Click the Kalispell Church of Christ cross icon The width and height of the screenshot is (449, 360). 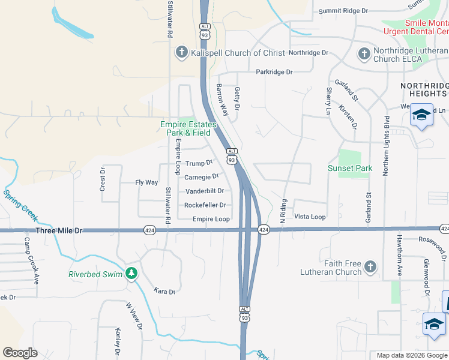[181, 53]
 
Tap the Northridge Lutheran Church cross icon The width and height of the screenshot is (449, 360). [363, 55]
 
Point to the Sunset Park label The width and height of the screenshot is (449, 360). [350, 168]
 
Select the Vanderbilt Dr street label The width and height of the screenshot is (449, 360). [205, 191]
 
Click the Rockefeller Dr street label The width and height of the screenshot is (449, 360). [205, 205]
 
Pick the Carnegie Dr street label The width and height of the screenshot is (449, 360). [201, 177]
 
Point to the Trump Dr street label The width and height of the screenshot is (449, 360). [199, 163]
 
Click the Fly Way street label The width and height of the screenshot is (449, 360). [146, 182]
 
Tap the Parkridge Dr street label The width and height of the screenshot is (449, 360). [274, 72]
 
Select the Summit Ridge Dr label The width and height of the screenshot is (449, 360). [343, 11]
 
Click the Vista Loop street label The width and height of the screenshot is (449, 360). [310, 217]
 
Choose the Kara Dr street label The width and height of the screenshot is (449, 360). [164, 292]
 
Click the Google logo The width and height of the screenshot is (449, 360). [20, 353]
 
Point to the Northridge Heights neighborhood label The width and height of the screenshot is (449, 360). [424, 91]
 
